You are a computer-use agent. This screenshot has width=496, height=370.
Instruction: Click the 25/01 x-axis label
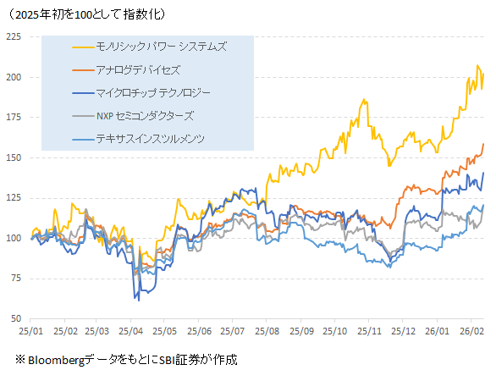31,332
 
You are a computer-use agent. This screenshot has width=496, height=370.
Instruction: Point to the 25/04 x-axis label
131,332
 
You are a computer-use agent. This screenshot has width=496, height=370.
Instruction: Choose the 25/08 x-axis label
267,332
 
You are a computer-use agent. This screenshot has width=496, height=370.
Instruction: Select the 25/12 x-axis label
403,332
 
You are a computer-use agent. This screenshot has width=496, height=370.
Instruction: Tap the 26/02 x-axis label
471,332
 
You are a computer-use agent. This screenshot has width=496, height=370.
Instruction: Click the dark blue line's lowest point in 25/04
136,299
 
